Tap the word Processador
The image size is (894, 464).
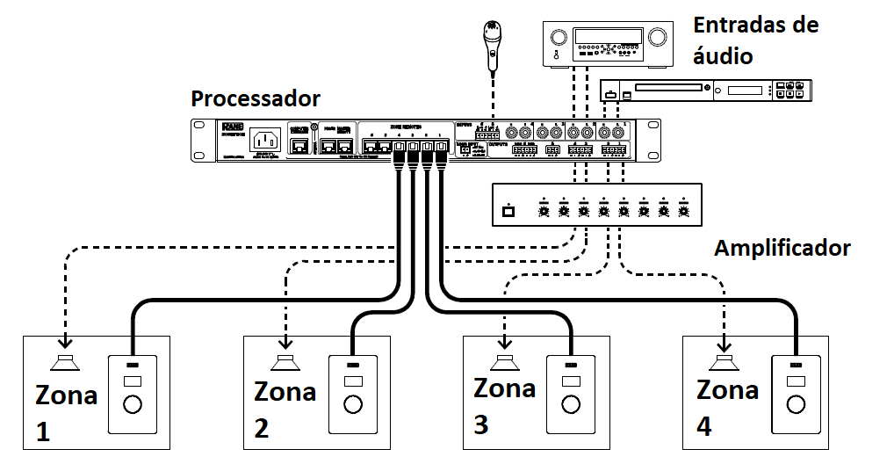pos(256,98)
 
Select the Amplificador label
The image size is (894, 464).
pos(782,248)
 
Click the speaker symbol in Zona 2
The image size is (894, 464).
pos(285,363)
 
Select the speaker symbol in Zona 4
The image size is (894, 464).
pos(725,363)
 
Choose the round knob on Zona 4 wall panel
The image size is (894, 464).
pos(796,404)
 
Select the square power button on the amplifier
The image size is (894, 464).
pos(507,211)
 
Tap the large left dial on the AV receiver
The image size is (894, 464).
pos(557,37)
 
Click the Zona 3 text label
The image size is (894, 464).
pos(503,406)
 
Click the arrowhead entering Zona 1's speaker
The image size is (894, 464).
pos(64,344)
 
